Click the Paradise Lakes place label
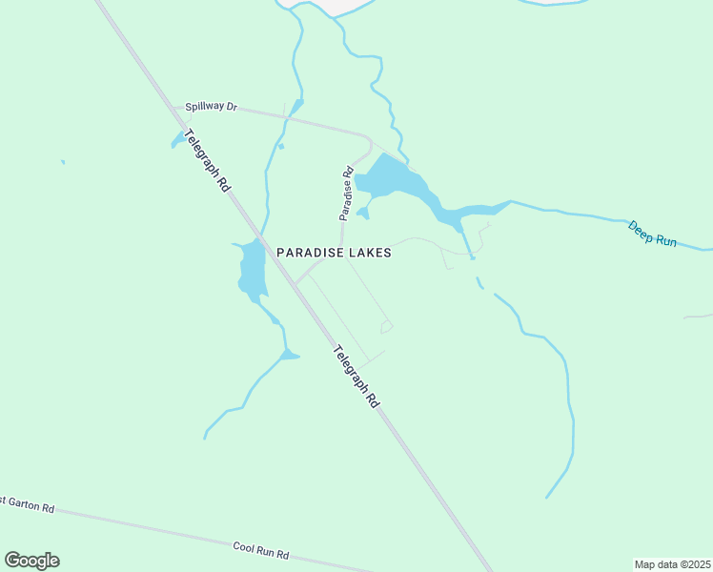(334, 253)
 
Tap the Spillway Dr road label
(211, 107)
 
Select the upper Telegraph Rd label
(208, 161)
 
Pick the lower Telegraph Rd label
(356, 377)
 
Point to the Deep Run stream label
(652, 234)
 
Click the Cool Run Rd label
(260, 551)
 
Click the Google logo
(31, 560)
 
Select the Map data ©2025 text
(672, 563)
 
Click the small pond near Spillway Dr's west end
(178, 141)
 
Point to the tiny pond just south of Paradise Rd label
(363, 213)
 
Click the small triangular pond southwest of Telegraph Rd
(289, 357)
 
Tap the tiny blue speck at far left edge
(63, 162)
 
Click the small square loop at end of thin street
(386, 327)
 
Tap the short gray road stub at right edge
(700, 316)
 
